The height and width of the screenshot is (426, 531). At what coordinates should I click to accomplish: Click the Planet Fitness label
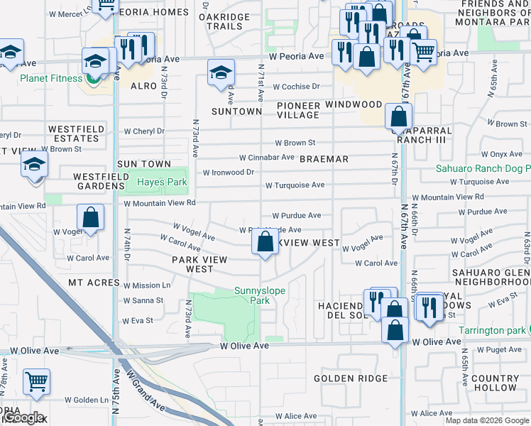51,78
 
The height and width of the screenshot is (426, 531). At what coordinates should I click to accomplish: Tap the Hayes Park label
162,182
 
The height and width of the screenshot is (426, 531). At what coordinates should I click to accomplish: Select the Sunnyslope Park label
253,295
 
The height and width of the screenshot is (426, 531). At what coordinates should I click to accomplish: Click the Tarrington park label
491,331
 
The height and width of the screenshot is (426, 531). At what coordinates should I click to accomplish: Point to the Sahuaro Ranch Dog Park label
482,170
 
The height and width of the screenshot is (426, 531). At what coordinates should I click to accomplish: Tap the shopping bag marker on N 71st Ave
264,242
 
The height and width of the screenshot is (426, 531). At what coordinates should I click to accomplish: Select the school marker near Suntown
221,72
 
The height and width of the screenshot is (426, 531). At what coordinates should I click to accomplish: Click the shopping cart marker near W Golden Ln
36,381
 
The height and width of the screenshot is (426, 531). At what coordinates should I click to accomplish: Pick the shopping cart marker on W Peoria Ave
424,50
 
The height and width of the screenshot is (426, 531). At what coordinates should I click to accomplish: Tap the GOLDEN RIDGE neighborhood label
351,378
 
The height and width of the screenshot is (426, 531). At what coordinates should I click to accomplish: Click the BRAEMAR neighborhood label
324,159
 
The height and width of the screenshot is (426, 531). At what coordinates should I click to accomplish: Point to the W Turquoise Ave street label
295,185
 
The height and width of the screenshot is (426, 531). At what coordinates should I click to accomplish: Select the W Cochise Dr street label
296,87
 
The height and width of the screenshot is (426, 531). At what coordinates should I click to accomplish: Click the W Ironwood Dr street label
228,172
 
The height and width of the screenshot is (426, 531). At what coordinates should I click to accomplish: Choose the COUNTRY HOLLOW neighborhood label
494,383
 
